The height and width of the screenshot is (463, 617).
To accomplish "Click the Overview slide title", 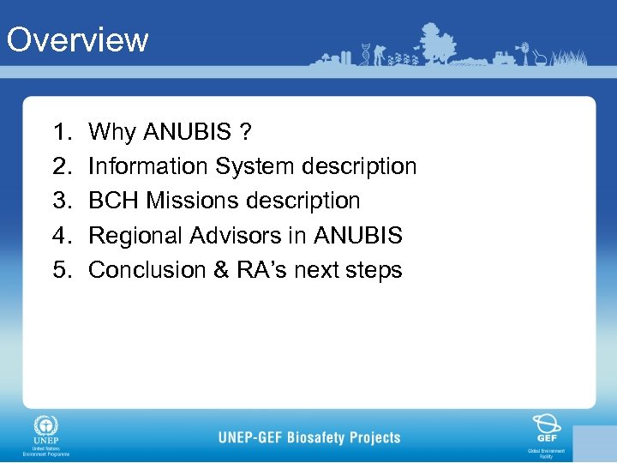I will (x=77, y=39).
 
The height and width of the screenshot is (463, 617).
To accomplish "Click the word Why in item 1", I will (x=112, y=132).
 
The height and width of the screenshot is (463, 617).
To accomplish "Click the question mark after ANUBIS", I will (x=246, y=132).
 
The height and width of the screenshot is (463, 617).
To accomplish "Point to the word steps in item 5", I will (x=374, y=270).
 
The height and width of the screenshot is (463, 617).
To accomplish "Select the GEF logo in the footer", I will (x=546, y=427).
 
